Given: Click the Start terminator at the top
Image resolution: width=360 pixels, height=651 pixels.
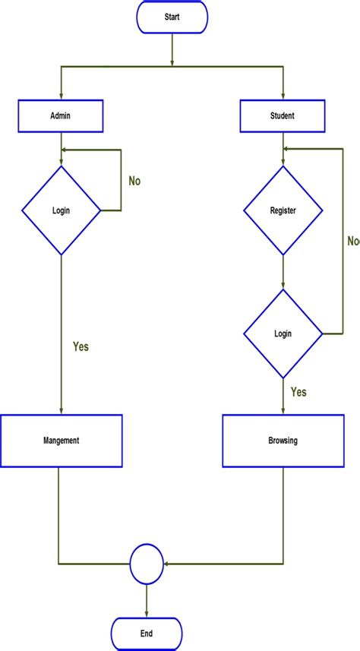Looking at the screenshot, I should (x=172, y=17).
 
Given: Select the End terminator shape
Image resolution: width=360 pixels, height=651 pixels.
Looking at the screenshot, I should (x=147, y=633).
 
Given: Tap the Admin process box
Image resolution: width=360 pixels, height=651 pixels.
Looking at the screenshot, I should (x=61, y=116).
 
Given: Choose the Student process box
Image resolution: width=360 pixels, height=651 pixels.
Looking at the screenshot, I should (x=283, y=116).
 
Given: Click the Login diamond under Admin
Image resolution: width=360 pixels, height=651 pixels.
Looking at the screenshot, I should (x=61, y=210).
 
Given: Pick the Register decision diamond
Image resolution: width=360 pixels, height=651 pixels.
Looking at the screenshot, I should (x=283, y=210).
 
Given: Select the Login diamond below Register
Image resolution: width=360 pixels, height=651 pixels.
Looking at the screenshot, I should (x=283, y=333).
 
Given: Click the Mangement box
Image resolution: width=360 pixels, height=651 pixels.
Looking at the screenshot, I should (x=61, y=440).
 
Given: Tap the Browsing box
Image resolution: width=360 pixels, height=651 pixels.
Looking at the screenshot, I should (x=283, y=440).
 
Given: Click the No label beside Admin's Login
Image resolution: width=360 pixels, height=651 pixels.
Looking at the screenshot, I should (x=134, y=182).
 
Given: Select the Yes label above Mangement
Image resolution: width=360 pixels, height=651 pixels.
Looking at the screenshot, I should (x=81, y=346).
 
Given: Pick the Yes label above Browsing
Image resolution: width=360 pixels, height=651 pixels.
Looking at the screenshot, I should (x=298, y=392).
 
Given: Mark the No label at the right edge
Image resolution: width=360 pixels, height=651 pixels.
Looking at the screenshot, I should (x=353, y=241).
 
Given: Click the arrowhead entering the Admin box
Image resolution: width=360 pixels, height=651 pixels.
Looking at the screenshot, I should (x=61, y=97).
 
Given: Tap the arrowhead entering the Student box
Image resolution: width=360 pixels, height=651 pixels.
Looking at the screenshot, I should (x=283, y=97).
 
